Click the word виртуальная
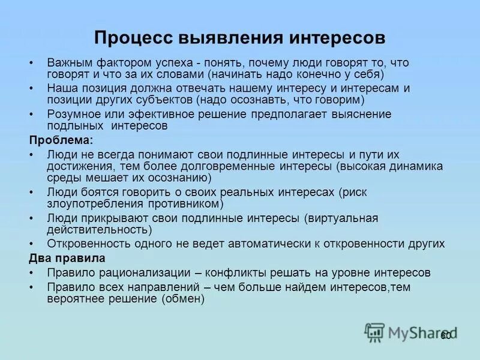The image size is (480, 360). pos(343,218)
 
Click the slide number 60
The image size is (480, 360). pos(446,336)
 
